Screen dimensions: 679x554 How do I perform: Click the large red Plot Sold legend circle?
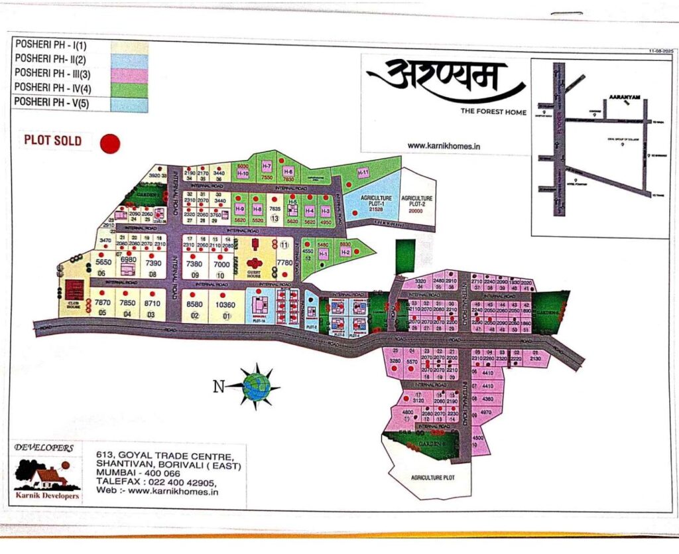pos(109,143)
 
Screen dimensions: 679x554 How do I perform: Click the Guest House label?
pos(255,272)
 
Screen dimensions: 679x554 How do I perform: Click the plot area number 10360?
pos(225,305)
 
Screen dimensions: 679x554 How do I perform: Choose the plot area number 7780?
pos(284,263)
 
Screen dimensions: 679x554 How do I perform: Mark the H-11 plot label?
pos(363,173)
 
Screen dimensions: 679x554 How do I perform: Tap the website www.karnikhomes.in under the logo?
pos(444,145)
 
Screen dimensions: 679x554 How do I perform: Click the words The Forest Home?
pos(493,112)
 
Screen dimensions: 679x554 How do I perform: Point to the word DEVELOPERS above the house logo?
pos(44,448)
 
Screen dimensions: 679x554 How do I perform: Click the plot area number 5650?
pos(102,263)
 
